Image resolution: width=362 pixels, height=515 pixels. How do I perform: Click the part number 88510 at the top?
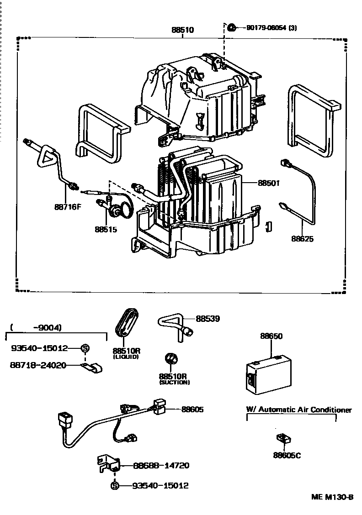[x=182, y=30]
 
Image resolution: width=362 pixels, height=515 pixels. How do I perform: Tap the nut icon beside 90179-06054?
[x=232, y=28]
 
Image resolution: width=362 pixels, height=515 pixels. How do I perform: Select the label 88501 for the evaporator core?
[x=268, y=183]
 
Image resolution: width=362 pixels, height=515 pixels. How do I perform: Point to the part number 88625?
[x=303, y=238]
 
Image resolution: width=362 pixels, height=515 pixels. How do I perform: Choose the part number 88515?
[x=106, y=229]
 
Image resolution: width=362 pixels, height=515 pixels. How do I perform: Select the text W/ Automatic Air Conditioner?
[x=299, y=410]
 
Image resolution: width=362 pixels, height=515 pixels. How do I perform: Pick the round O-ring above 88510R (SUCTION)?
[x=172, y=360]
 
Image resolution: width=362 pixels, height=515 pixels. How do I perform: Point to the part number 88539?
[x=208, y=319]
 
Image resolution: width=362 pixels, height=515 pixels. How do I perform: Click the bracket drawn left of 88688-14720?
[x=108, y=464]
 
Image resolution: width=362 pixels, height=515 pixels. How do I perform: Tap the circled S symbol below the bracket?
[x=114, y=486]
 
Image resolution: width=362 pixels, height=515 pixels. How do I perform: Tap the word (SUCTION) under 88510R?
[x=174, y=382]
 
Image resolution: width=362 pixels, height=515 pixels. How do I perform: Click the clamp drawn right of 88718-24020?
[x=93, y=367]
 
